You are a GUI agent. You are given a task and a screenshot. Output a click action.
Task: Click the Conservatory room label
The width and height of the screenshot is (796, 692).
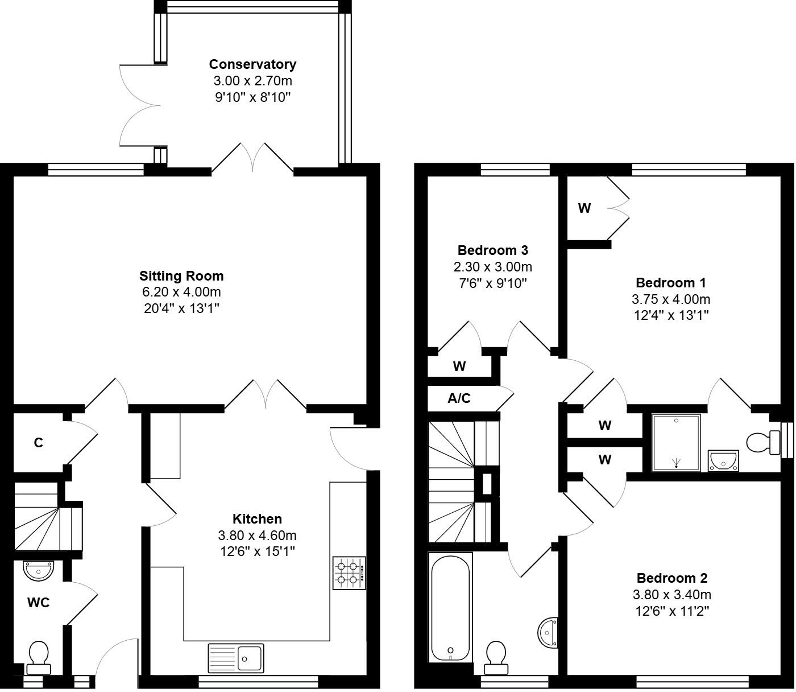252,64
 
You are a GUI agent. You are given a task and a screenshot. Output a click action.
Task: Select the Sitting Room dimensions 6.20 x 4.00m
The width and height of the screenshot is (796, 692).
181,293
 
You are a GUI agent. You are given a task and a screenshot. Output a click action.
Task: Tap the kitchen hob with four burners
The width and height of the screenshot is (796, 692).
349,573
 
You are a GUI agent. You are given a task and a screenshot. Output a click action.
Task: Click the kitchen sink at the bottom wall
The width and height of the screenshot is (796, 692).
236,658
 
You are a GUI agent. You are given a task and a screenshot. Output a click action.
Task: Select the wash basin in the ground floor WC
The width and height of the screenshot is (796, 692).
39,570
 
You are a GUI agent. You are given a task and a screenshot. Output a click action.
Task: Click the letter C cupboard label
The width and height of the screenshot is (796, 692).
38,443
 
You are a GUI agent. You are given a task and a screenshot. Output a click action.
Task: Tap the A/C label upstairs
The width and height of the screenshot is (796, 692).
459,398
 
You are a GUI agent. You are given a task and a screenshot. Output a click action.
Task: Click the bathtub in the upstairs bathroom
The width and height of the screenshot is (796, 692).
450,607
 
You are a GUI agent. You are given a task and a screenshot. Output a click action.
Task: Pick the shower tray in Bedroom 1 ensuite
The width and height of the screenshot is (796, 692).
676,443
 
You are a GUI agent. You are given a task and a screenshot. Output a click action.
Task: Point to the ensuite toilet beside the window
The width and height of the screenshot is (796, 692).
762,442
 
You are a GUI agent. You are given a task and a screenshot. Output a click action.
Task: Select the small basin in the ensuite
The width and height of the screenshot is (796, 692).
723,460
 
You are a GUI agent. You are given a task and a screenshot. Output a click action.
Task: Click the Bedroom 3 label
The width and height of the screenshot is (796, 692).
492,250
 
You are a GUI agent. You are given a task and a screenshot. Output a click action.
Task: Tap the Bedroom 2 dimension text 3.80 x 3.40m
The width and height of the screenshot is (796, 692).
671,595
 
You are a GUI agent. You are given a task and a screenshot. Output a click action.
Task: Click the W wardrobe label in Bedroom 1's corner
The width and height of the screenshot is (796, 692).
584,208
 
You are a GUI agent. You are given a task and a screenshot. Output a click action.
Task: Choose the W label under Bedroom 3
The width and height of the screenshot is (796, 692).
459,366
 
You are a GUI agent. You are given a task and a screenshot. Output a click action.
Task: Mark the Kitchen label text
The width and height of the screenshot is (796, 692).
257,519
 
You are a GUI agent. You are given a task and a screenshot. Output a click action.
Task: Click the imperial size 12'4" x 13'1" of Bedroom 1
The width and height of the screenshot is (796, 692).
671,315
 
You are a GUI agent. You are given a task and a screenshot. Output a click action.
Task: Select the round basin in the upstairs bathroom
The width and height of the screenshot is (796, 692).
548,632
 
